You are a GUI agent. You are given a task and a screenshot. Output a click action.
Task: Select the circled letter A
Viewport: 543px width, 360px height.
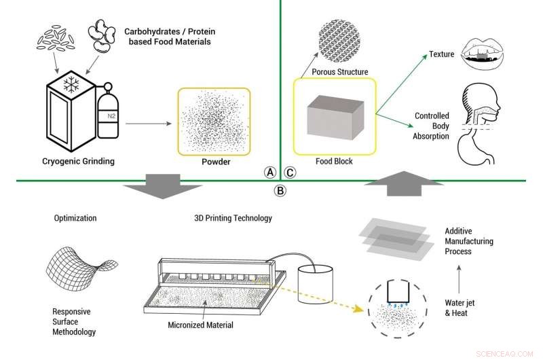[x=269, y=173]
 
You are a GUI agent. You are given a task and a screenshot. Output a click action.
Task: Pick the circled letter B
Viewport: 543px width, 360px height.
[x=279, y=190]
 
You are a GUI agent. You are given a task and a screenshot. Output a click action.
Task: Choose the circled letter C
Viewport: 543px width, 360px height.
[x=290, y=173]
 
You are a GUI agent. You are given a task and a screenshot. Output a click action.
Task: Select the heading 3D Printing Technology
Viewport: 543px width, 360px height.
[x=232, y=219]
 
